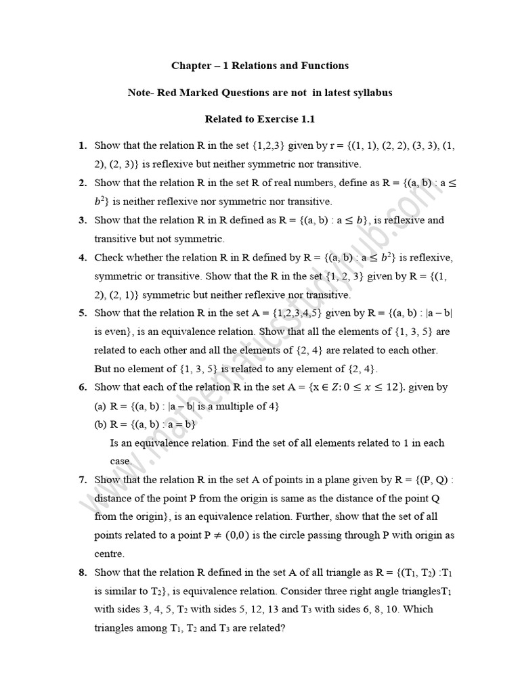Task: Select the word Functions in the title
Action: click(323, 66)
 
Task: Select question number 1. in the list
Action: click(83, 146)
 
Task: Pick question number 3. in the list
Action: click(83, 220)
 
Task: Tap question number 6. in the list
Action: click(83, 387)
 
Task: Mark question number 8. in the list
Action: click(83, 573)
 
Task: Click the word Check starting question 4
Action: click(110, 257)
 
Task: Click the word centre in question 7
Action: click(110, 554)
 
